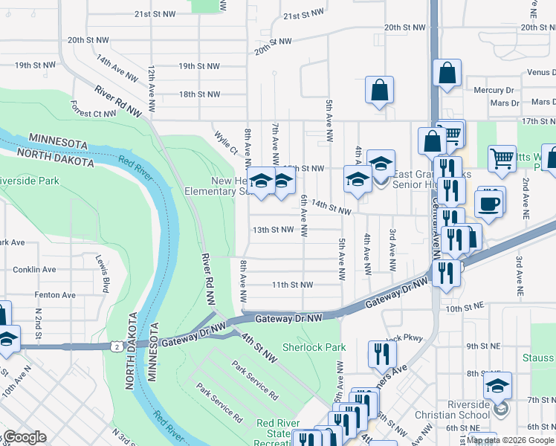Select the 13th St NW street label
tap(273, 230)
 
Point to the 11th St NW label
tap(291, 285)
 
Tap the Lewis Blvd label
tap(98, 271)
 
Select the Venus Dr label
tap(540, 72)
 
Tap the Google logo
tap(24, 437)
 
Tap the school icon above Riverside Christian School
tap(497, 384)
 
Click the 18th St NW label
tap(199, 94)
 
